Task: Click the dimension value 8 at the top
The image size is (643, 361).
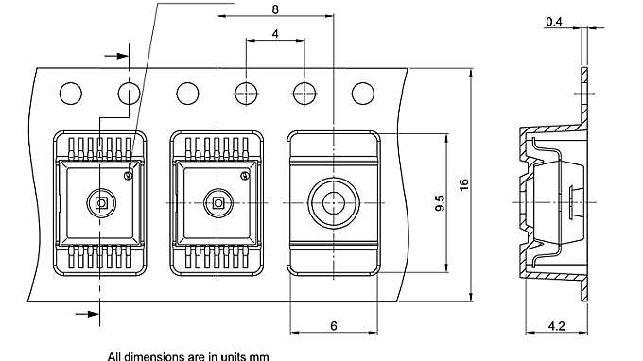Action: (x=275, y=9)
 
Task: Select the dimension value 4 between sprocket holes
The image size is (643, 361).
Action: (x=275, y=34)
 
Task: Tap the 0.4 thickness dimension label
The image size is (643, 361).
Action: (x=554, y=22)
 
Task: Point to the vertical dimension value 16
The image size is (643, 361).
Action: (x=463, y=184)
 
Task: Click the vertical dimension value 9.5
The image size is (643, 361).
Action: (x=439, y=203)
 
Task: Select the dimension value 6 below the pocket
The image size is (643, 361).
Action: (x=334, y=326)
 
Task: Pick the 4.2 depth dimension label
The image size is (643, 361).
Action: (x=556, y=326)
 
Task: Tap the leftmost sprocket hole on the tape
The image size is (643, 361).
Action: (x=71, y=94)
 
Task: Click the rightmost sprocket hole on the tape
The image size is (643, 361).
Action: (x=363, y=94)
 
